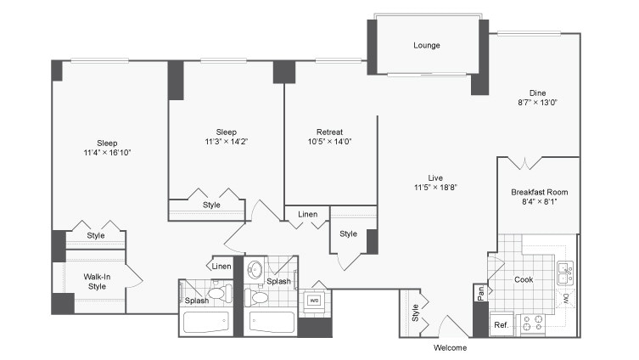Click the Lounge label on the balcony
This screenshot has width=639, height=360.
point(427,45)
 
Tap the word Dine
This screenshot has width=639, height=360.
point(537,93)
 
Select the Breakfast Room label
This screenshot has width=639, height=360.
point(539,192)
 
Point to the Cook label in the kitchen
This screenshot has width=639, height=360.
point(524,278)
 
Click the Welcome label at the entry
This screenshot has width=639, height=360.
point(449,347)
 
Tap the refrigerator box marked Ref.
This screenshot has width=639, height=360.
point(502,325)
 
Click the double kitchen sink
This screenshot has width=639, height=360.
point(564,273)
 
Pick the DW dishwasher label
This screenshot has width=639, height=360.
point(566,298)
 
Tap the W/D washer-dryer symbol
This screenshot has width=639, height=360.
point(313,300)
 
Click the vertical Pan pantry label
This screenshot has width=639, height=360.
point(480,293)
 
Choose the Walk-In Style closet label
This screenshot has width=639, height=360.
point(97,281)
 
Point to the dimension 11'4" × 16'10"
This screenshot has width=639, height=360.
point(107,153)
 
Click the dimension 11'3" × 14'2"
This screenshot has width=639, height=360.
point(226,142)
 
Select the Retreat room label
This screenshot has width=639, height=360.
point(329,132)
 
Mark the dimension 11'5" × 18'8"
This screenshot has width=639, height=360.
point(436,187)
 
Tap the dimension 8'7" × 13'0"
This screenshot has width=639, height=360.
point(537,104)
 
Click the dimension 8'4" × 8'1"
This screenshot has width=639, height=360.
point(539,203)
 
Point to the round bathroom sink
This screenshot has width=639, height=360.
point(255,271)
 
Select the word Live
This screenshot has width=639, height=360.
point(436,177)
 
